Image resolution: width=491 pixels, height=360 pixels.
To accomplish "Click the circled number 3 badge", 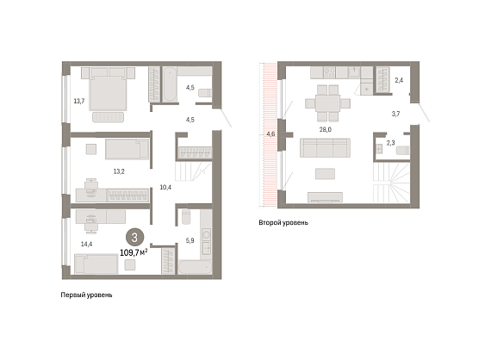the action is (134, 238).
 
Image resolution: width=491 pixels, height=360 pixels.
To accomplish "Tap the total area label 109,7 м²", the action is (134, 252).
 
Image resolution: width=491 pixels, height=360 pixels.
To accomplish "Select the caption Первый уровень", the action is (86, 295).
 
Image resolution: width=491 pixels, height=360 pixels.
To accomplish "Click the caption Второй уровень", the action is (283, 222).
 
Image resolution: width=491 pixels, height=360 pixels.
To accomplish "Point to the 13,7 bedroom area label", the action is (79, 101).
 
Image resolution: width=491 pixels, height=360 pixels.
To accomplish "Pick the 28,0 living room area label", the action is (326, 129).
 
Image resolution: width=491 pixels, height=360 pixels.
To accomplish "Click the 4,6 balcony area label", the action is (270, 134).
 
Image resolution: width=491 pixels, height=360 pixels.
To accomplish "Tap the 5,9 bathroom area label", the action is (190, 240).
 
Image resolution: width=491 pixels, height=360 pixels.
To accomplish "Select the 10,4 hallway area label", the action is (165, 187).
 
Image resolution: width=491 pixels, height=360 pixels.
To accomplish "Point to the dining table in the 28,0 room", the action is (327, 103).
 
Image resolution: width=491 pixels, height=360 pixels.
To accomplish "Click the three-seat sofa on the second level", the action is (325, 147).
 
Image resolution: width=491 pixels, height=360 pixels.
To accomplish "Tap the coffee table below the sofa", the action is (325, 174).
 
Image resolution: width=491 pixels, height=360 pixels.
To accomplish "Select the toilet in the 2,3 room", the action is (402, 150).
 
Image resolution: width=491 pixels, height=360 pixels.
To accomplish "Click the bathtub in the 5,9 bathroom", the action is (195, 267).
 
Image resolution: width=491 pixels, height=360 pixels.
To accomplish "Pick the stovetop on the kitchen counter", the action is (329, 72).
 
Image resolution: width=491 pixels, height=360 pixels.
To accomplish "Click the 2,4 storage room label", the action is (399, 80).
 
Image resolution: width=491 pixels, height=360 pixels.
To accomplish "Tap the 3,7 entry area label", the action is (395, 114).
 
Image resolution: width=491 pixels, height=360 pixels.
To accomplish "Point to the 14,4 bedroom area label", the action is (86, 244).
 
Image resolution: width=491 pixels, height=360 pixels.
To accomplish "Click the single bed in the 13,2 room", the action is (127, 149).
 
